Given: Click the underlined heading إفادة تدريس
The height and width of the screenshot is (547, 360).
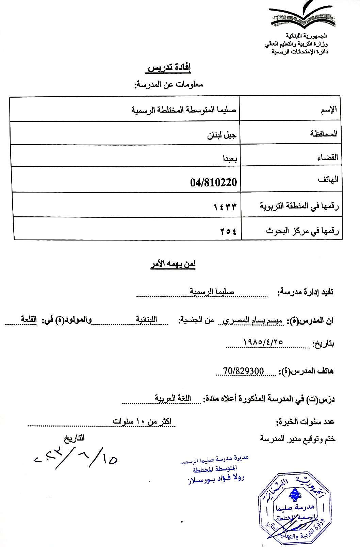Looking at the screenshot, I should [x=169, y=68].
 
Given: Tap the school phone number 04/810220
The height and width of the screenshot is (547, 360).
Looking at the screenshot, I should [x=213, y=182].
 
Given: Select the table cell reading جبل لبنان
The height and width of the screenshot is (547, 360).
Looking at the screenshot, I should [x=222, y=135].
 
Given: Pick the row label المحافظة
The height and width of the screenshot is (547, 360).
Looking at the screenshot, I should [x=324, y=134].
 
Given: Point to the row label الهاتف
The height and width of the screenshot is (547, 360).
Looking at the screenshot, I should [x=328, y=179].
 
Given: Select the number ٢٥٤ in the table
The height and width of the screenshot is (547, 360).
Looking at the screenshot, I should [x=228, y=231].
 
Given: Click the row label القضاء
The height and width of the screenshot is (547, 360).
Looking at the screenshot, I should [x=327, y=157].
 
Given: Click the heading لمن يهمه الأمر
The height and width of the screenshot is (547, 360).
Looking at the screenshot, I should [x=173, y=264].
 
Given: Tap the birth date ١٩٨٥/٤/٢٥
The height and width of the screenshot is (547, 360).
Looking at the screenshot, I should [x=263, y=342].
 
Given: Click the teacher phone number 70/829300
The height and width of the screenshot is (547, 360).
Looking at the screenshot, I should [x=243, y=371].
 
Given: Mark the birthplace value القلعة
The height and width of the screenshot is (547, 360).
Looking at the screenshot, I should [x=29, y=319].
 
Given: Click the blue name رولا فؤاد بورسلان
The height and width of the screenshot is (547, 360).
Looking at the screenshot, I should [x=216, y=478].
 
